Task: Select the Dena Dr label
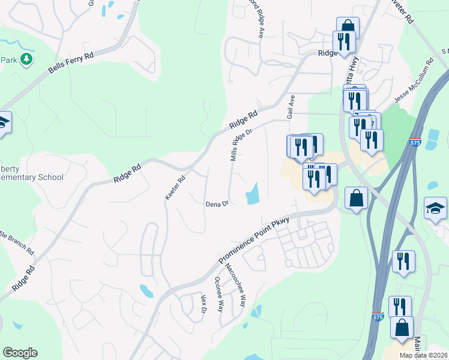[x=217, y=204]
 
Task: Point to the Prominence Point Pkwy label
[x=254, y=241]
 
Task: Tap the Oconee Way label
[x=219, y=295]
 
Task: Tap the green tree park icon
[x=26, y=59]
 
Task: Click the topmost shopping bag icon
[x=348, y=26]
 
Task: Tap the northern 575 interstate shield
[x=430, y=143]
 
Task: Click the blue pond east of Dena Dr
[x=253, y=193]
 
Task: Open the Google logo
[x=20, y=353]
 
